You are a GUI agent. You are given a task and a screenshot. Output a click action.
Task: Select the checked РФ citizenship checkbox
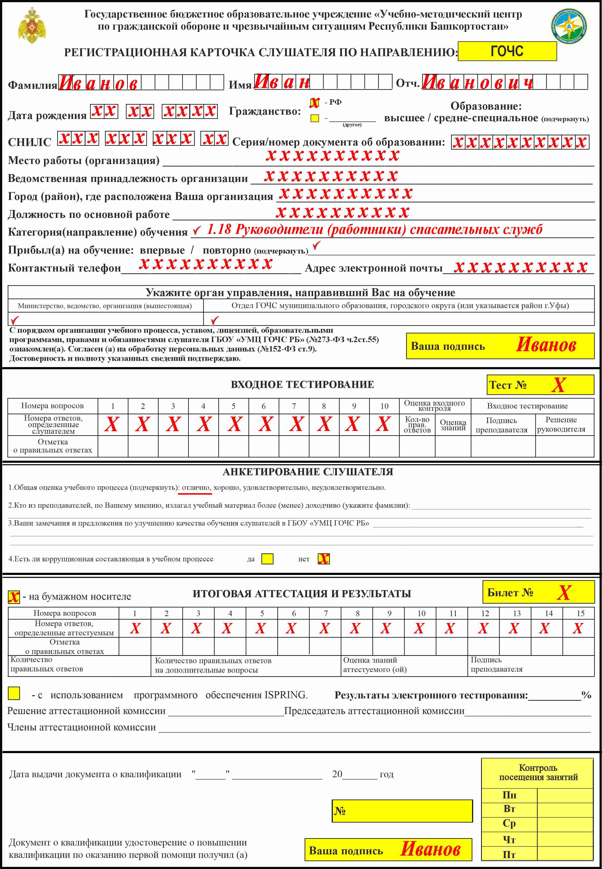click(x=314, y=103)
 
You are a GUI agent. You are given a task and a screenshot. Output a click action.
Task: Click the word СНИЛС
click(x=29, y=142)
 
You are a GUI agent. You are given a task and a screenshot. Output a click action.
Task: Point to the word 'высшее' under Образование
click(x=404, y=118)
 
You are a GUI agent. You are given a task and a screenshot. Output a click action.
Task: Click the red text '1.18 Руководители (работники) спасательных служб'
click(x=375, y=230)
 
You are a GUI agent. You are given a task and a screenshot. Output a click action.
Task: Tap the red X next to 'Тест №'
click(x=558, y=385)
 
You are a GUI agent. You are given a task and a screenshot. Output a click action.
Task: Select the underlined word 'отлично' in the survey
click(x=196, y=487)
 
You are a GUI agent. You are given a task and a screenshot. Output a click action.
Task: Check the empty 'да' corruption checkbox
click(x=267, y=559)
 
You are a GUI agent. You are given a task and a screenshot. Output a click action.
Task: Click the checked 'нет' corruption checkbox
click(x=324, y=559)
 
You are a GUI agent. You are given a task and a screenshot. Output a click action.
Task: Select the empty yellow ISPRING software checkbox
click(x=14, y=693)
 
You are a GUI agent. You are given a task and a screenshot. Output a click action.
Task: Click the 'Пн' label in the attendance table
click(x=509, y=795)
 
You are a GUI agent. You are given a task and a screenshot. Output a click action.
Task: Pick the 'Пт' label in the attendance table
click(x=509, y=854)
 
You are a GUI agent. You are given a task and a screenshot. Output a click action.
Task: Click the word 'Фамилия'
click(x=32, y=85)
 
